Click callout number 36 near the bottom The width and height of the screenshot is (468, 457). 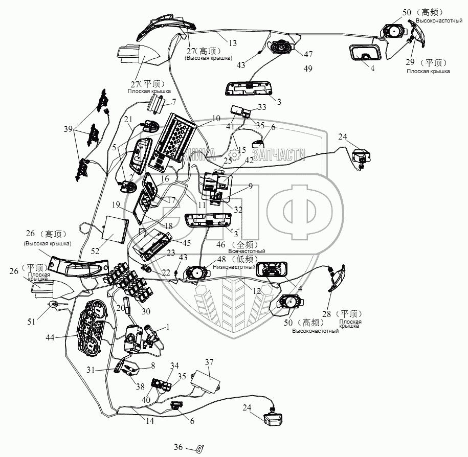pyautogui.click(x=177, y=447)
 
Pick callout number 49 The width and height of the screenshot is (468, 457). pyautogui.click(x=307, y=68)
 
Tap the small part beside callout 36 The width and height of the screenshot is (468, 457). pyautogui.click(x=200, y=448)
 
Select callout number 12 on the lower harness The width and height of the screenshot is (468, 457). pyautogui.click(x=257, y=290)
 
